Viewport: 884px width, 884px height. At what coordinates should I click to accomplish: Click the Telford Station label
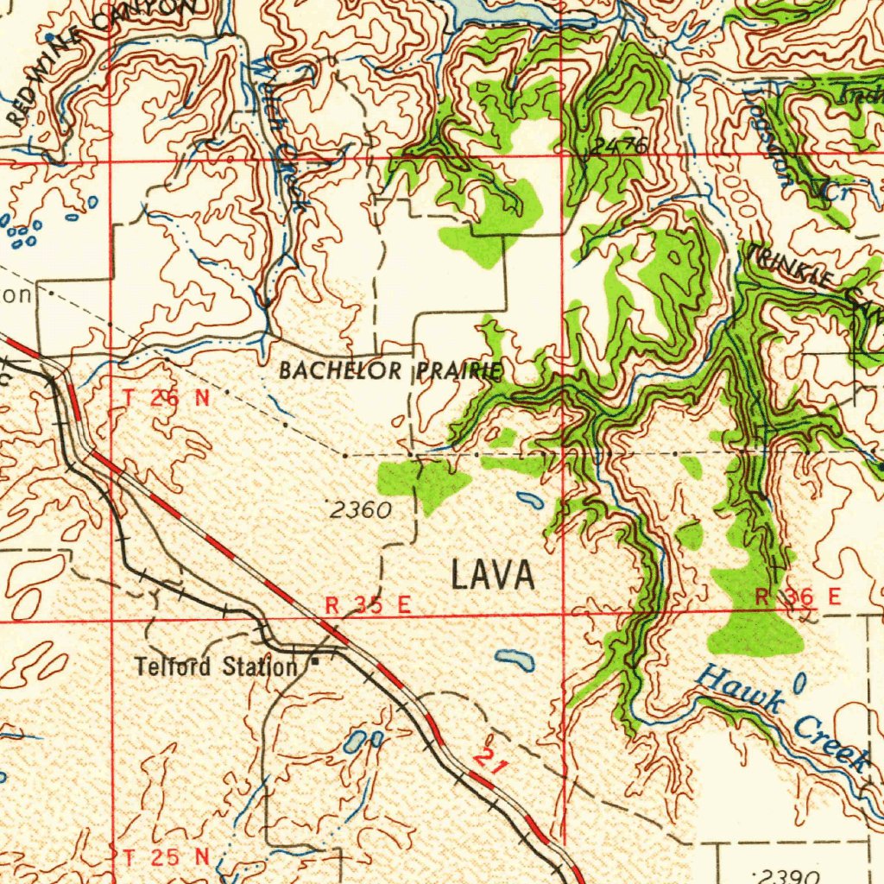tap(215, 666)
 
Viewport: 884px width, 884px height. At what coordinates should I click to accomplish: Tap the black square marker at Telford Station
tap(315, 662)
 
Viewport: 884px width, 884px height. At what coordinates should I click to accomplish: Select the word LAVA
tap(493, 576)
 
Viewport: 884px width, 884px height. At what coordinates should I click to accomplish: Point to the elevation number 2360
tap(361, 510)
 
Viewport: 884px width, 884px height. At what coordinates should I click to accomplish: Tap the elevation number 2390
tap(786, 875)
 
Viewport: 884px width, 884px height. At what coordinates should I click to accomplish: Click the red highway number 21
tap(490, 761)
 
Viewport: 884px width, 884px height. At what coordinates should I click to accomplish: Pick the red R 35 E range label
tap(366, 605)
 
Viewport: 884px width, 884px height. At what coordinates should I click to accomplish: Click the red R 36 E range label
tap(797, 597)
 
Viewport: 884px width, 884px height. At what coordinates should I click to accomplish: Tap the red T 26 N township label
tap(166, 398)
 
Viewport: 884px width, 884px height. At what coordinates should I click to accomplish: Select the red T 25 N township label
tap(166, 857)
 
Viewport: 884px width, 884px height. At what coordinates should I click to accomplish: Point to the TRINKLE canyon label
tap(791, 267)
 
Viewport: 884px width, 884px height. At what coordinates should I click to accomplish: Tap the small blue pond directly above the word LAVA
tap(529, 499)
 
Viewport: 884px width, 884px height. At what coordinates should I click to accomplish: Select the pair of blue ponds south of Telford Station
tap(363, 740)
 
